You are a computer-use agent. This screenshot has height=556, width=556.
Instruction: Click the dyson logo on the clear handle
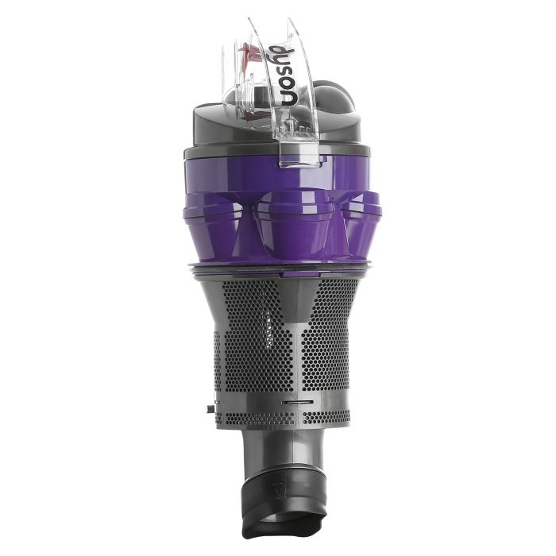click(288, 75)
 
